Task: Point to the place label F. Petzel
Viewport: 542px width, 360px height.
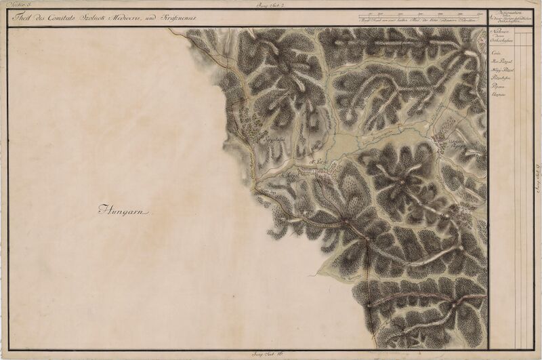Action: click(x=318, y=161)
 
